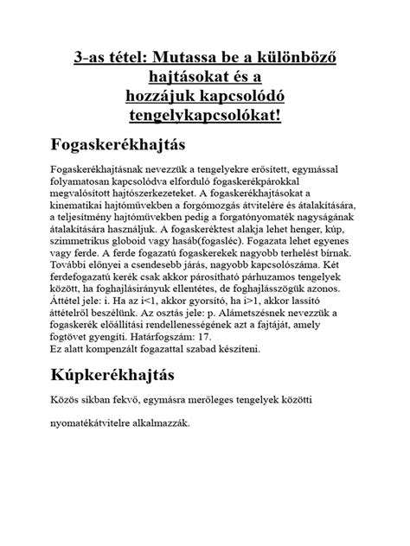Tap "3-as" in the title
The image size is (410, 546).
click(93, 59)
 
